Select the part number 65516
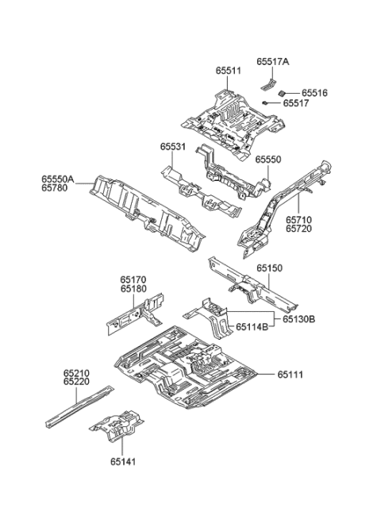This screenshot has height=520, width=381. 314,93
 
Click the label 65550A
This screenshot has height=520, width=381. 57,180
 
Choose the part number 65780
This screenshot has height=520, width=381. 57,190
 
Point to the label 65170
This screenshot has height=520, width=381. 133,279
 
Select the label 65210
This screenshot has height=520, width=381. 77,372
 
